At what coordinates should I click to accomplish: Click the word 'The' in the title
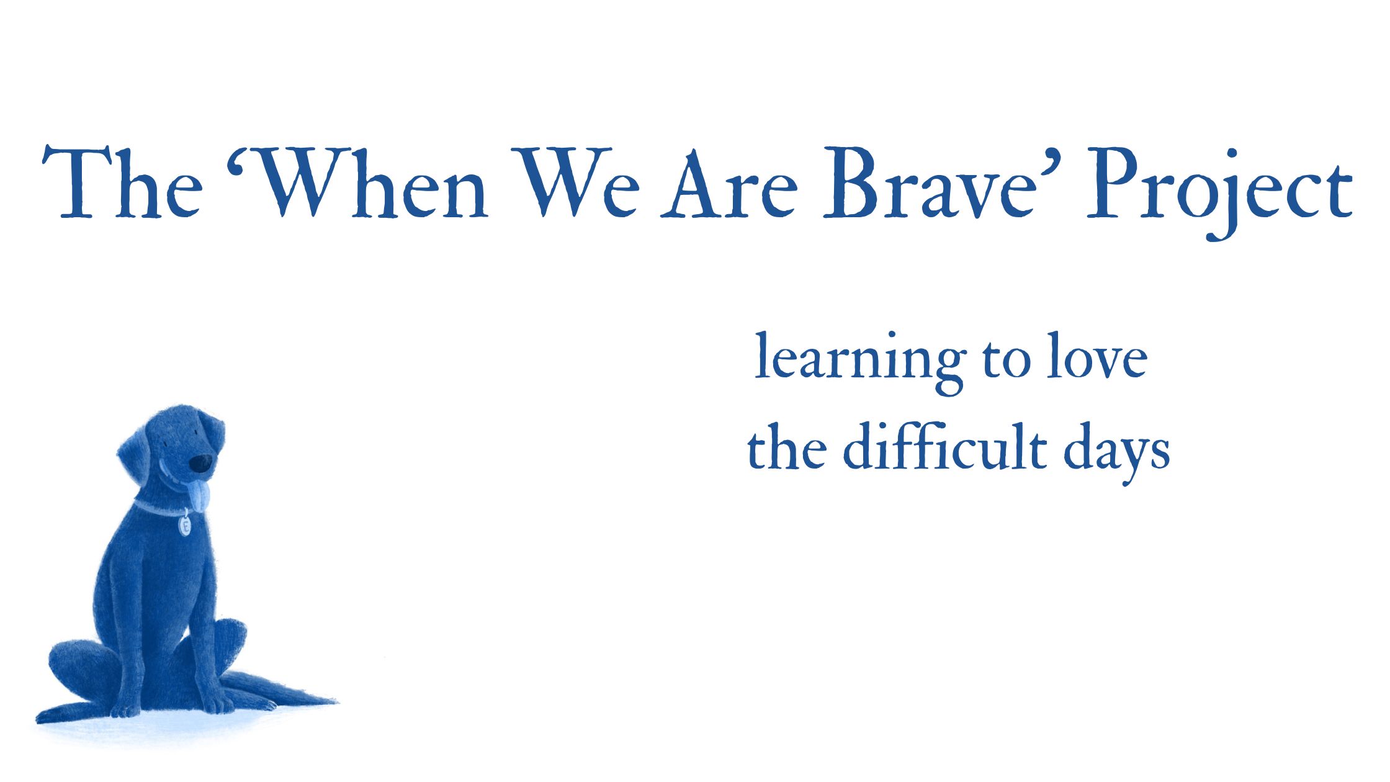[x=122, y=182]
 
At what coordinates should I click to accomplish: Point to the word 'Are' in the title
[x=729, y=182]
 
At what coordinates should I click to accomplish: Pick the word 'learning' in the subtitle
[x=860, y=362]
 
